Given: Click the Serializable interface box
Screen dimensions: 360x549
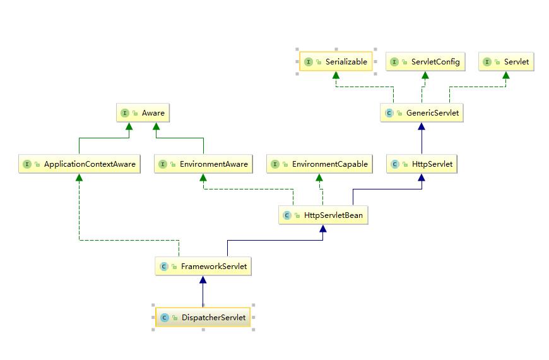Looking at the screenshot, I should click(336, 62).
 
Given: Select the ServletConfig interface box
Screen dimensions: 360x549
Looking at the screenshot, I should click(425, 62).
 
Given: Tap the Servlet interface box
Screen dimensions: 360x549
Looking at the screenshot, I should click(506, 62).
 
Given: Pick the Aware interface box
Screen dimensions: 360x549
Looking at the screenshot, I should click(143, 113).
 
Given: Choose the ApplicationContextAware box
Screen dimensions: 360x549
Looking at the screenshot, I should click(79, 164).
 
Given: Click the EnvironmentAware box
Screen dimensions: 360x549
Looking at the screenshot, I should click(203, 164).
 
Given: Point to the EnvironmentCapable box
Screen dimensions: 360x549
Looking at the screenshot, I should click(319, 164).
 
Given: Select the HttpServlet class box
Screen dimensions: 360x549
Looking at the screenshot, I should click(421, 164).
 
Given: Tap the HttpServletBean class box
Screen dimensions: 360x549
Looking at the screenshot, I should click(323, 215).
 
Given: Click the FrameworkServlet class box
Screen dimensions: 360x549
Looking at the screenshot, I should click(203, 267).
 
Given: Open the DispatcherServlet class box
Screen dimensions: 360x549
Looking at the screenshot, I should click(203, 318).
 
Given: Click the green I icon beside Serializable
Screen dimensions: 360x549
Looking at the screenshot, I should click(309, 62).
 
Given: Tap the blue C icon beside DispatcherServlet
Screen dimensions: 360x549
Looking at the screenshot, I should click(165, 318).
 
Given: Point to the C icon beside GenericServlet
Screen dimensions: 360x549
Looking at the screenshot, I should click(389, 113).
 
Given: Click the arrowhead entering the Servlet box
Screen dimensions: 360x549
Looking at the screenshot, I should click(506, 75).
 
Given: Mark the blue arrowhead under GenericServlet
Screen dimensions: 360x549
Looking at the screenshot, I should click(422, 126).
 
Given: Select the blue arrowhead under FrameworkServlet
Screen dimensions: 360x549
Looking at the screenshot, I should click(203, 280).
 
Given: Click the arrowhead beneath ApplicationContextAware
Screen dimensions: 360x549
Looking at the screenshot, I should click(79, 177).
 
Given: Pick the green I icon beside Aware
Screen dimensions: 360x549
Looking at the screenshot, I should click(125, 113).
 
